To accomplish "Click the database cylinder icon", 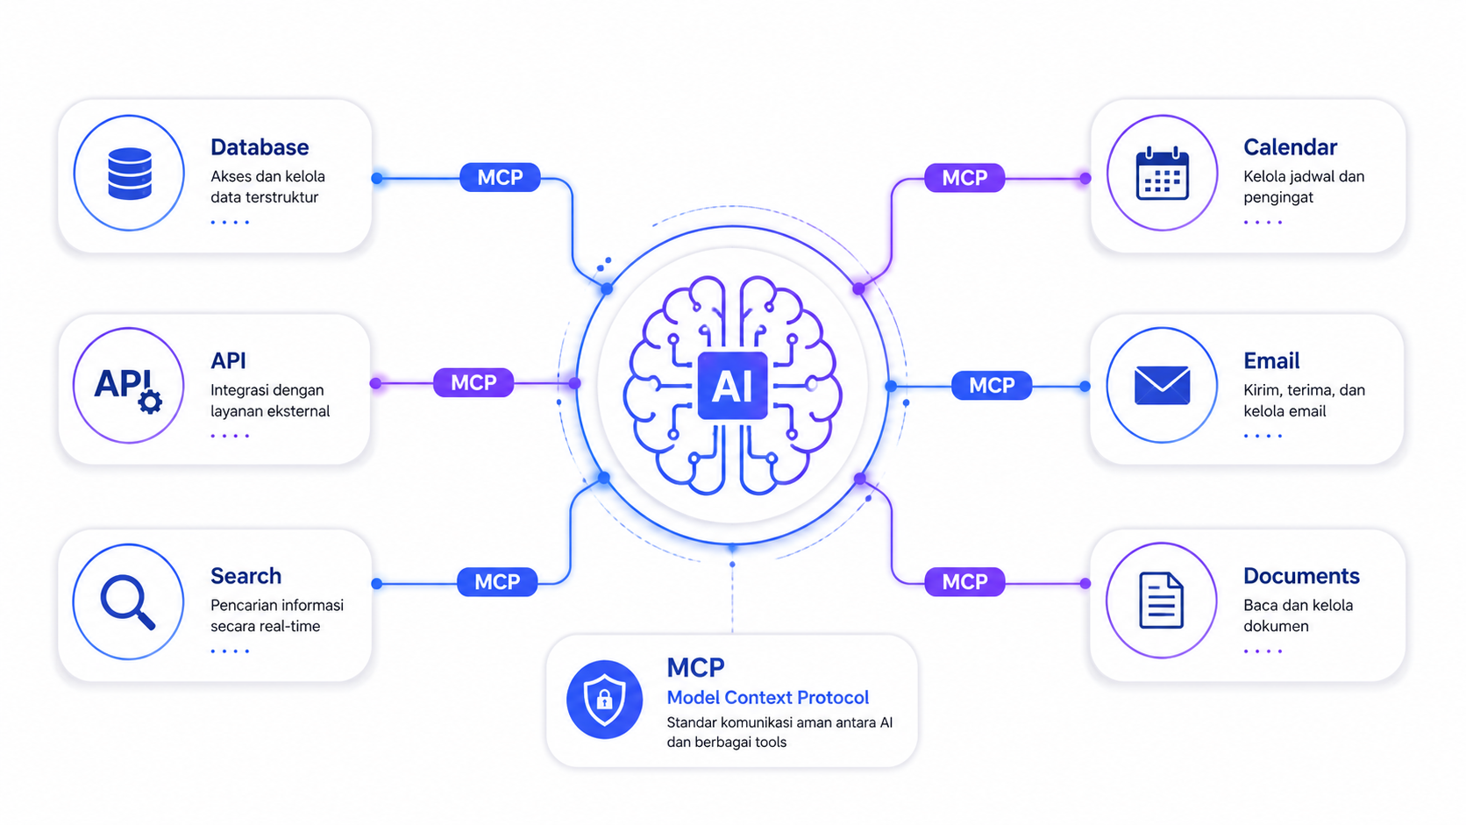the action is [130, 174].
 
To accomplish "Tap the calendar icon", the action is [1163, 173].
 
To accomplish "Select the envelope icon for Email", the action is [1163, 386].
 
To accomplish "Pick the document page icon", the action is [1162, 601].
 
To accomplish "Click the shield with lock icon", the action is [604, 700].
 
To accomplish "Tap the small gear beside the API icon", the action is [151, 402].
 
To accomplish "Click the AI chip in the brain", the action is [732, 386].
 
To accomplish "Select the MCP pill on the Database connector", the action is [500, 177].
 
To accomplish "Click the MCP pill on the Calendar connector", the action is [964, 177].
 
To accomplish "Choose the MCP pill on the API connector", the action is [473, 383].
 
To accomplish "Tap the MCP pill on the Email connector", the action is [992, 386].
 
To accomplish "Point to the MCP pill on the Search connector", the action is [497, 581].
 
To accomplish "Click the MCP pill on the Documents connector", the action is [964, 581].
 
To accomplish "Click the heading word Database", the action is [260, 147].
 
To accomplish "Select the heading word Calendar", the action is [1290, 147].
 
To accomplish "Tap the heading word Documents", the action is [1301, 576].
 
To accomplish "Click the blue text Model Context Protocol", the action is [768, 697].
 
